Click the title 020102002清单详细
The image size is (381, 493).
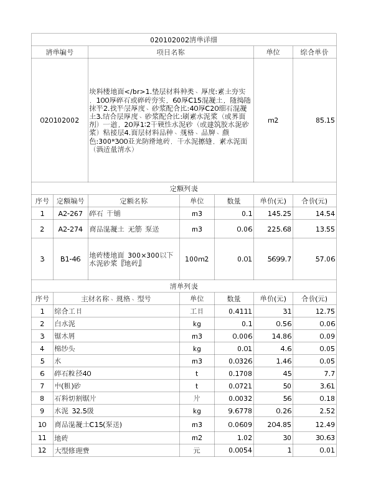pyautogui.click(x=184, y=40)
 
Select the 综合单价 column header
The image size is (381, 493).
pyautogui.click(x=314, y=52)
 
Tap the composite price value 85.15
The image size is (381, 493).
pyautogui.click(x=325, y=120)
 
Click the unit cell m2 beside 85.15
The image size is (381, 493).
pyautogui.click(x=273, y=120)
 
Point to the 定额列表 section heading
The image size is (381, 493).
pyautogui.click(x=184, y=189)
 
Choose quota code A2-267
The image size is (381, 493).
pyautogui.click(x=70, y=214)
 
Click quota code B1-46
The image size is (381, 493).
pyautogui.click(x=70, y=259)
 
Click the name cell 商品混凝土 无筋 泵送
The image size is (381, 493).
pyautogui.click(x=116, y=229)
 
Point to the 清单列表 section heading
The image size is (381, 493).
pyautogui.click(x=184, y=286)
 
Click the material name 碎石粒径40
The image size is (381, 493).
pyautogui.click(x=73, y=373)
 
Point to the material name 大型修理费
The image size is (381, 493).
pyautogui.click(x=72, y=450)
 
